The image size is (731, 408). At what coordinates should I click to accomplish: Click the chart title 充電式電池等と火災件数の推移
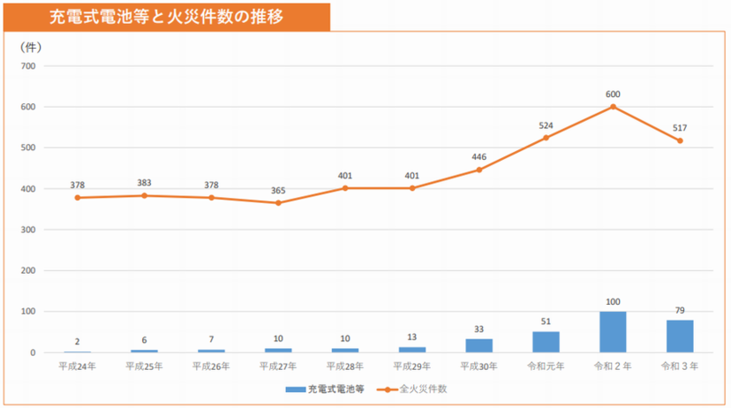click(167, 16)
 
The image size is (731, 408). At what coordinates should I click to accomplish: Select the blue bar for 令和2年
click(613, 332)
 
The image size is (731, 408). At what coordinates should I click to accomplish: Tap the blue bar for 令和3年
click(680, 336)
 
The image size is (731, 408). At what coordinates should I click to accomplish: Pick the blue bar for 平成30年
click(479, 345)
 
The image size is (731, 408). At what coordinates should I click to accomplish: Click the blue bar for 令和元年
click(546, 342)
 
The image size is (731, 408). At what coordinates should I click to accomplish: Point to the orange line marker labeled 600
click(613, 107)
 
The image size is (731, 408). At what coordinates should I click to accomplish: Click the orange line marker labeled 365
click(278, 203)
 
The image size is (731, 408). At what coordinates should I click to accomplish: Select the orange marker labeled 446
click(479, 170)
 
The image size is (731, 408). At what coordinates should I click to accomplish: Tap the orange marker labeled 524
click(546, 138)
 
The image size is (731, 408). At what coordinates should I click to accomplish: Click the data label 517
click(680, 128)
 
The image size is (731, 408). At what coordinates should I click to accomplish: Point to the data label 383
click(144, 183)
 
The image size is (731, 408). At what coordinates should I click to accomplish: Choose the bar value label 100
click(613, 302)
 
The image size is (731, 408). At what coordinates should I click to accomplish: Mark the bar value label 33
click(479, 329)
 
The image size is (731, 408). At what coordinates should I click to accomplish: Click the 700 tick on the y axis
click(27, 66)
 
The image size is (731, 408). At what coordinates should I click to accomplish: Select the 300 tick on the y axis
click(27, 230)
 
